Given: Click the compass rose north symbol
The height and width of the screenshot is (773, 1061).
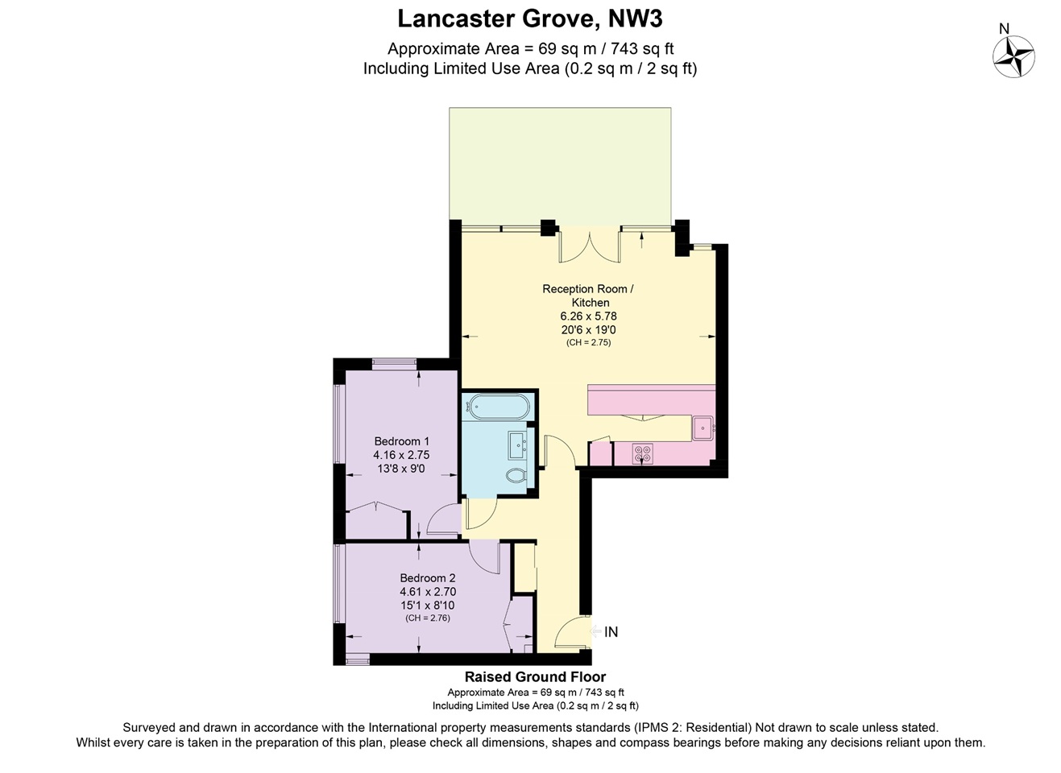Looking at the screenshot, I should point(1013,57).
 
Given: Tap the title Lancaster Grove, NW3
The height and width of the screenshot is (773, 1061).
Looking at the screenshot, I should point(530,19).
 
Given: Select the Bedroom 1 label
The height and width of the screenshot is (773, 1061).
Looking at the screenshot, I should point(401,441).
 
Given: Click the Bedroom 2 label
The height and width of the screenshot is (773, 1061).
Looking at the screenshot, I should point(427,578).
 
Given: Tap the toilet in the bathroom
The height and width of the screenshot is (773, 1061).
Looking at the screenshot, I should point(516,476).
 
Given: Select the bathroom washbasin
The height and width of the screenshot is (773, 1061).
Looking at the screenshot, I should point(517,443).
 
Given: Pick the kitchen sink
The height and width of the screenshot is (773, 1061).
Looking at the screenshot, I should point(702,428).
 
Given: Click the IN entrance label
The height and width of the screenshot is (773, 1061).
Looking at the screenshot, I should point(611,632).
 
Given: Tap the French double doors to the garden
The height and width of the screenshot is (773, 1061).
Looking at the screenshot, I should point(590,245).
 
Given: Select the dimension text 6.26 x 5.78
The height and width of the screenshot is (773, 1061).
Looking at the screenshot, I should point(588,316).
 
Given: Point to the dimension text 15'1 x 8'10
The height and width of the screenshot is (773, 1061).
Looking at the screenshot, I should point(427,606).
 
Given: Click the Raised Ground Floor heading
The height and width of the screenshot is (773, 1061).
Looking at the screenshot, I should point(535,677).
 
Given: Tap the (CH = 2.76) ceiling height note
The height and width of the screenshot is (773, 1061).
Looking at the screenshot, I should point(427,618).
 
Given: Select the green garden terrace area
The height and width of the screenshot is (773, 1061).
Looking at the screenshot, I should point(560,165).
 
